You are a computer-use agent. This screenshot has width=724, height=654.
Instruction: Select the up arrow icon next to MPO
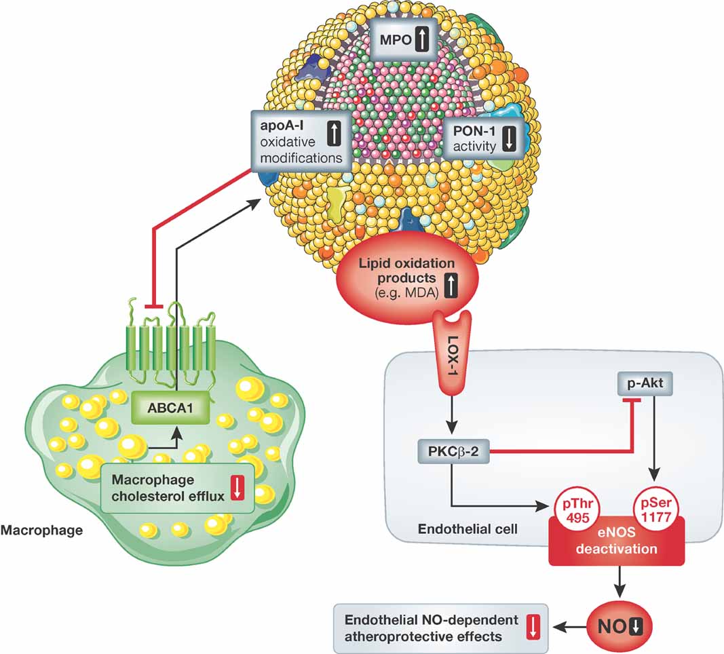[421, 39]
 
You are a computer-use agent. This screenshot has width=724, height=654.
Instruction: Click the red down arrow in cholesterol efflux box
[237, 488]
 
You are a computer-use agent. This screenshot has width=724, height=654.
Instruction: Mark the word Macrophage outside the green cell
[42, 528]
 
